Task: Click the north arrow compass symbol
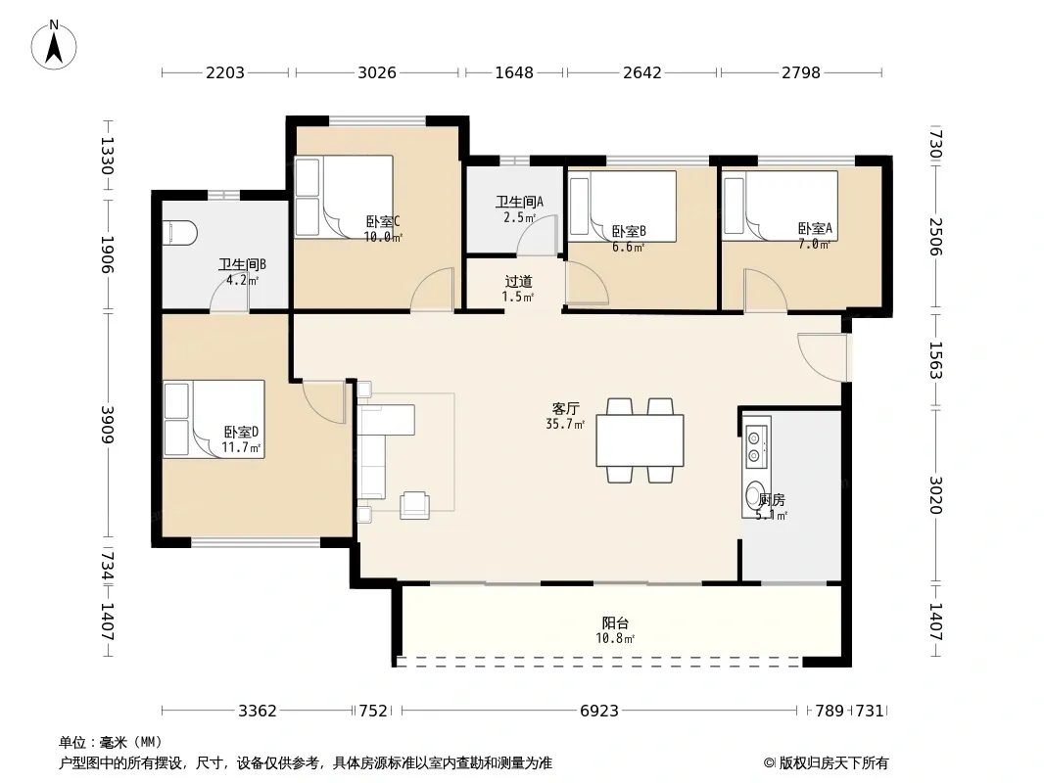(54, 45)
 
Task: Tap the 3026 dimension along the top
(377, 72)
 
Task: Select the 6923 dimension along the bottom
(599, 711)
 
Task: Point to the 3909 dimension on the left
(107, 425)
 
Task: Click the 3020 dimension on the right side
(936, 495)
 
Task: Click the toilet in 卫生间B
(180, 233)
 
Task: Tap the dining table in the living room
(640, 440)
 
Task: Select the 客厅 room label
(565, 408)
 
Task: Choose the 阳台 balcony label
(615, 622)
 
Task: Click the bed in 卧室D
(214, 419)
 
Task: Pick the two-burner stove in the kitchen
(754, 446)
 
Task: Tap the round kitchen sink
(754, 495)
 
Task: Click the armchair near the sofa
(415, 505)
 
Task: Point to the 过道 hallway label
(518, 282)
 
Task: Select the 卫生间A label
(519, 201)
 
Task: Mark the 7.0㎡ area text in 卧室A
(814, 244)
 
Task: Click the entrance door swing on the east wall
(823, 357)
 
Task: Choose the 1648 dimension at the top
(514, 72)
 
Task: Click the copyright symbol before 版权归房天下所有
(770, 763)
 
